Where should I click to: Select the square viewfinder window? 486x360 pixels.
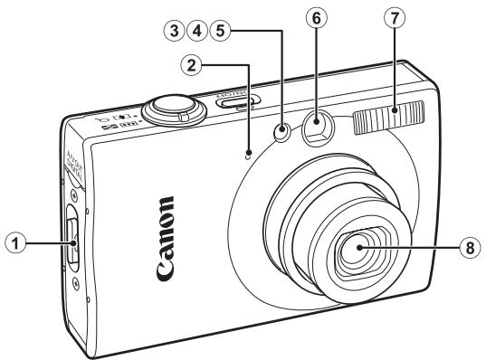click(318, 128)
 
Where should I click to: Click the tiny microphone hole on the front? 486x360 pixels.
click(248, 150)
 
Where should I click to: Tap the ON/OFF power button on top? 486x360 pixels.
click(233, 100)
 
